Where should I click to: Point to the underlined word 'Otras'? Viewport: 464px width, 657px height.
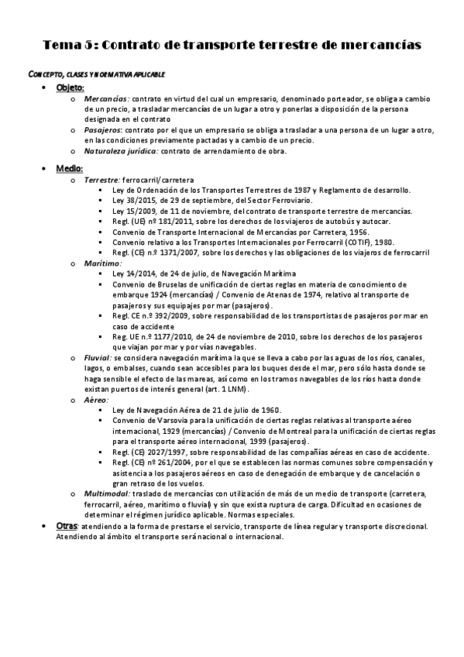(67, 526)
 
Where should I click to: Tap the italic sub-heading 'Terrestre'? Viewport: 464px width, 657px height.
(102, 179)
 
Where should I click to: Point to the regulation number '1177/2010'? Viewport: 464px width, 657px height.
(171, 337)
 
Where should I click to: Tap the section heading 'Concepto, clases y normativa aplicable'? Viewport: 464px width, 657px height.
(96, 74)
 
